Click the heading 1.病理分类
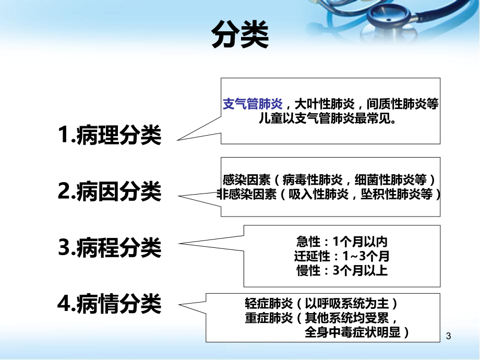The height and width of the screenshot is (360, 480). (x=110, y=136)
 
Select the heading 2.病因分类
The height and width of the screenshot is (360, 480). (x=110, y=192)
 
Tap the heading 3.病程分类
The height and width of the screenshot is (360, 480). (x=110, y=248)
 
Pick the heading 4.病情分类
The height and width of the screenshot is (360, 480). (x=110, y=303)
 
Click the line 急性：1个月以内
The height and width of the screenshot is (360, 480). (x=342, y=243)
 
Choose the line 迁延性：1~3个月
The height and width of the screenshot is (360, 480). (x=342, y=257)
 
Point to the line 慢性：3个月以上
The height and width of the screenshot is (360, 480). (x=342, y=271)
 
